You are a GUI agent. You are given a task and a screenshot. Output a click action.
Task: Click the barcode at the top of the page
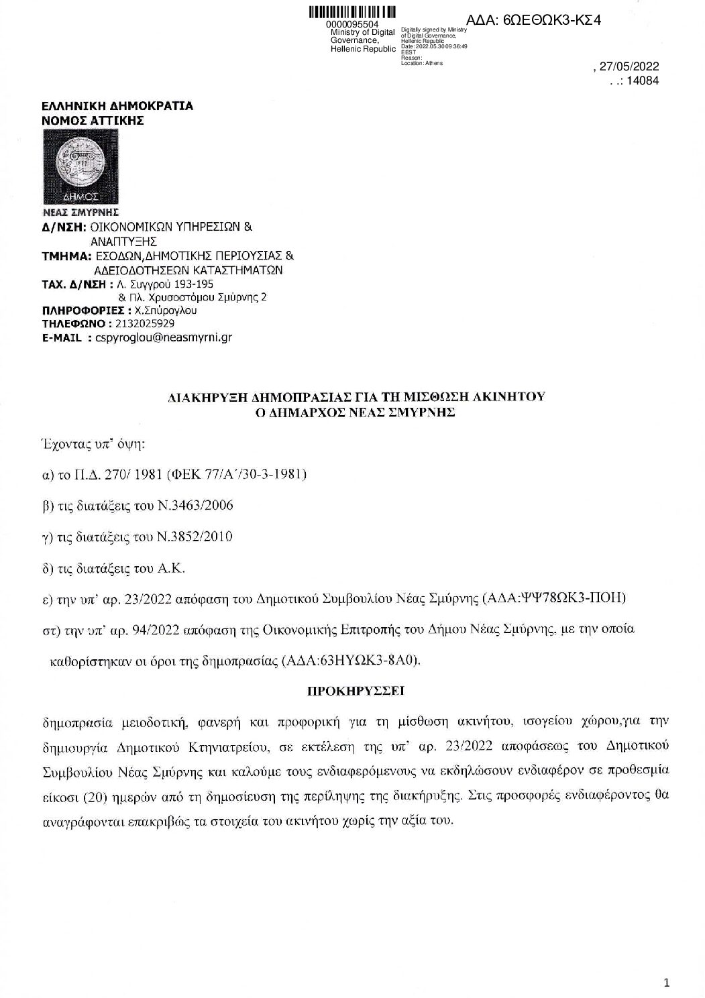pyautogui.click(x=352, y=13)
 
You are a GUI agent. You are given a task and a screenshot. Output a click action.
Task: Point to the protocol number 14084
pyautogui.click(x=642, y=80)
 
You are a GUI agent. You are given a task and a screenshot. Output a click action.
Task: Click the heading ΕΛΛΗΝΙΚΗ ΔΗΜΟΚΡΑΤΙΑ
pyautogui.click(x=117, y=106)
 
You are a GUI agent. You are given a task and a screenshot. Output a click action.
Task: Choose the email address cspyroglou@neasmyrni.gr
pyautogui.click(x=164, y=338)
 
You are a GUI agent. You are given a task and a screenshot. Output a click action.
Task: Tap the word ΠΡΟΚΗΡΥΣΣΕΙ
pyautogui.click(x=355, y=690)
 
